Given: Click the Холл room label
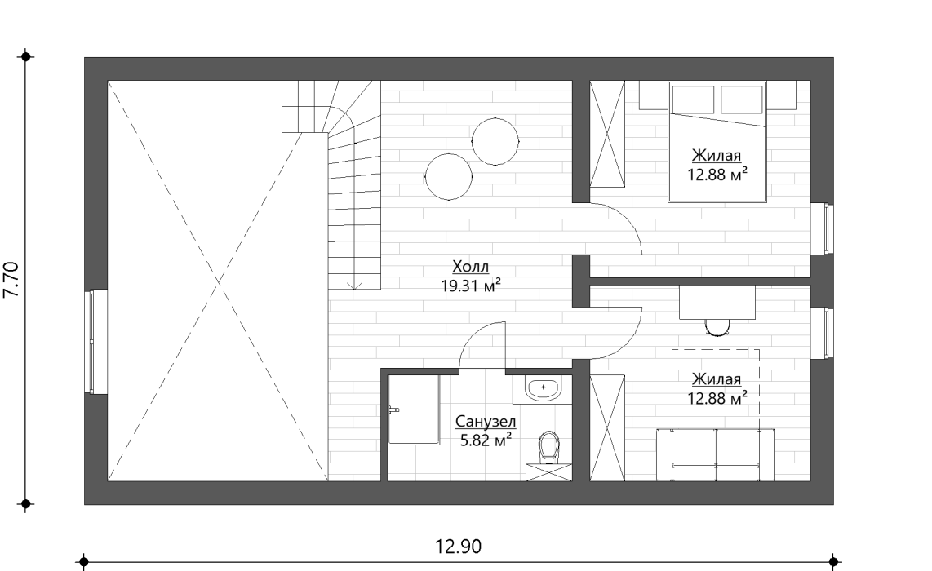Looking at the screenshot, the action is coord(470,266).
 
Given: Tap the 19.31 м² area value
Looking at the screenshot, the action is coord(470,285).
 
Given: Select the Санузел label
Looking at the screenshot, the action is coord(486,421).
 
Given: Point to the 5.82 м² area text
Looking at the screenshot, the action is coord(486,440).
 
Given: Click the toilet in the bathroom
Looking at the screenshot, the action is coord(549,447).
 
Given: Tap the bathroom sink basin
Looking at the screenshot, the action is coord(544,387).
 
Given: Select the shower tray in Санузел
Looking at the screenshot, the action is coord(414,409).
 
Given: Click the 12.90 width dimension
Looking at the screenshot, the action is coord(458,546).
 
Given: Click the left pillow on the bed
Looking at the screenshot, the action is coord(693,100).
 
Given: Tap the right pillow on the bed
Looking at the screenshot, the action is coord(741,100).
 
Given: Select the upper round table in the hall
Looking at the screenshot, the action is coord(495,141).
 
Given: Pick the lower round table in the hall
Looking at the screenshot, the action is coord(449,176).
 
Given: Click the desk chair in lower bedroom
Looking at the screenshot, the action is coord(717,327).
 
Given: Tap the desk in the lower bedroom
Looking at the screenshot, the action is coord(717,303).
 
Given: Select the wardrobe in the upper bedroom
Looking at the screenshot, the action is coord(607,134).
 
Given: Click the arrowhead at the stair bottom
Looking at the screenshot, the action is coord(354,285).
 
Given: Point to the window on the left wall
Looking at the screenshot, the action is coord(92,342).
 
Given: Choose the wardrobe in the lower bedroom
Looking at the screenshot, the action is coord(607,427).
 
